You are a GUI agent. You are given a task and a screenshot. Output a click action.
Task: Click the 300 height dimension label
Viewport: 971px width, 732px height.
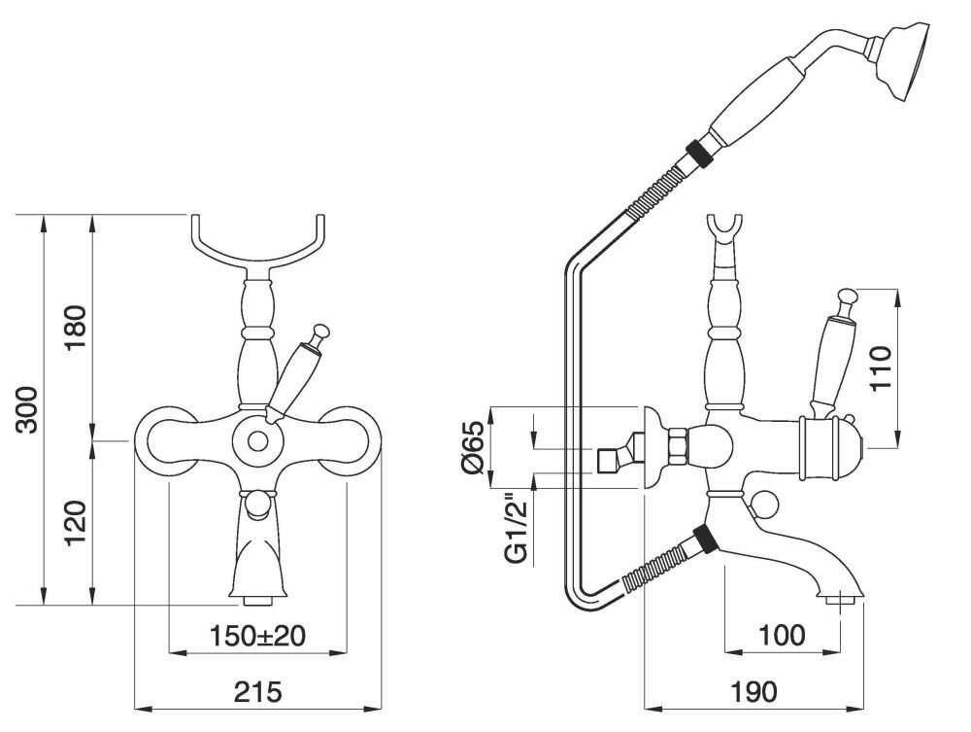[28, 409]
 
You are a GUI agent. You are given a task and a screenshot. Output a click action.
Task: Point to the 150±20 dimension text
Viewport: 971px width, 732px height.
[258, 636]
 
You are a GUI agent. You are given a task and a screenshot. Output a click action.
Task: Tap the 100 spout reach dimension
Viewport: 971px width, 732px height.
[782, 636]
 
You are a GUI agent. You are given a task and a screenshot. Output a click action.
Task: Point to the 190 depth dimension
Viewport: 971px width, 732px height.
[753, 692]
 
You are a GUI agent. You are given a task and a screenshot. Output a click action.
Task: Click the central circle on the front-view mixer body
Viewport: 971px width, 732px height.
[257, 439]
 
